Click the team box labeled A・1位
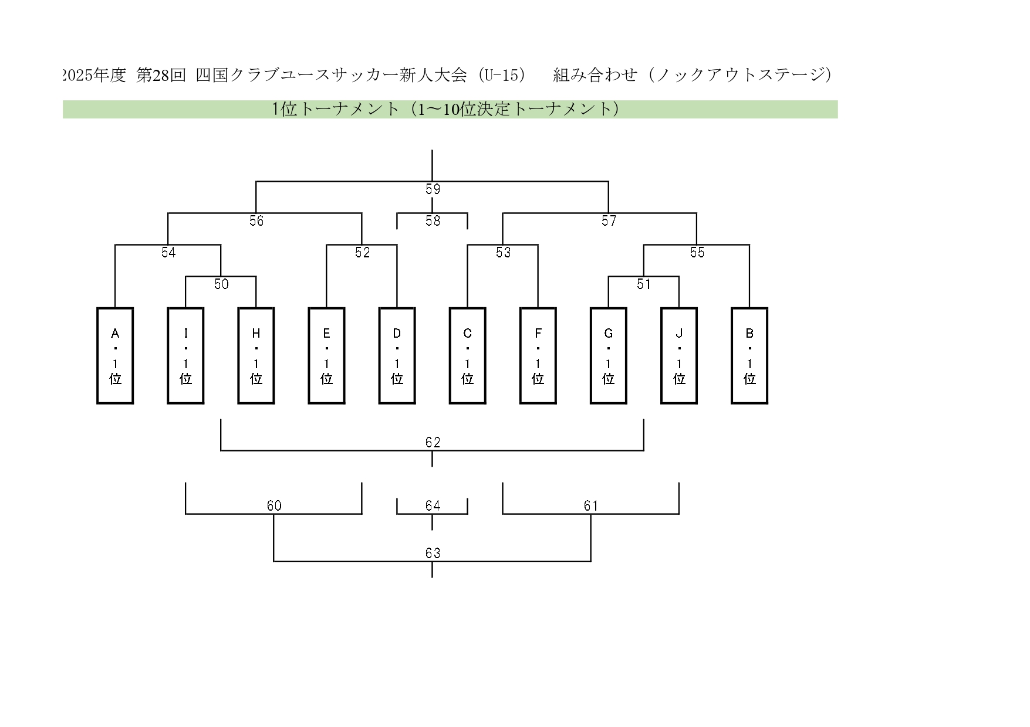(115, 356)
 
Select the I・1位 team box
(185, 356)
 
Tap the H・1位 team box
(256, 356)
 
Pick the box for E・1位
(326, 356)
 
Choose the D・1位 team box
(397, 356)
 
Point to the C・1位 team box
(467, 356)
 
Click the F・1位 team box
(538, 356)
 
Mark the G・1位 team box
(608, 356)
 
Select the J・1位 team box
(679, 356)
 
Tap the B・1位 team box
(749, 356)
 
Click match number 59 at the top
(433, 189)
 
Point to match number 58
(433, 221)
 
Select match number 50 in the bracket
(221, 284)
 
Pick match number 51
(644, 284)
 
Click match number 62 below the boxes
(433, 443)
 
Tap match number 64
(433, 506)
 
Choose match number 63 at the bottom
(433, 553)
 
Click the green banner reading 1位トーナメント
(450, 110)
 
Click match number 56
(256, 221)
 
